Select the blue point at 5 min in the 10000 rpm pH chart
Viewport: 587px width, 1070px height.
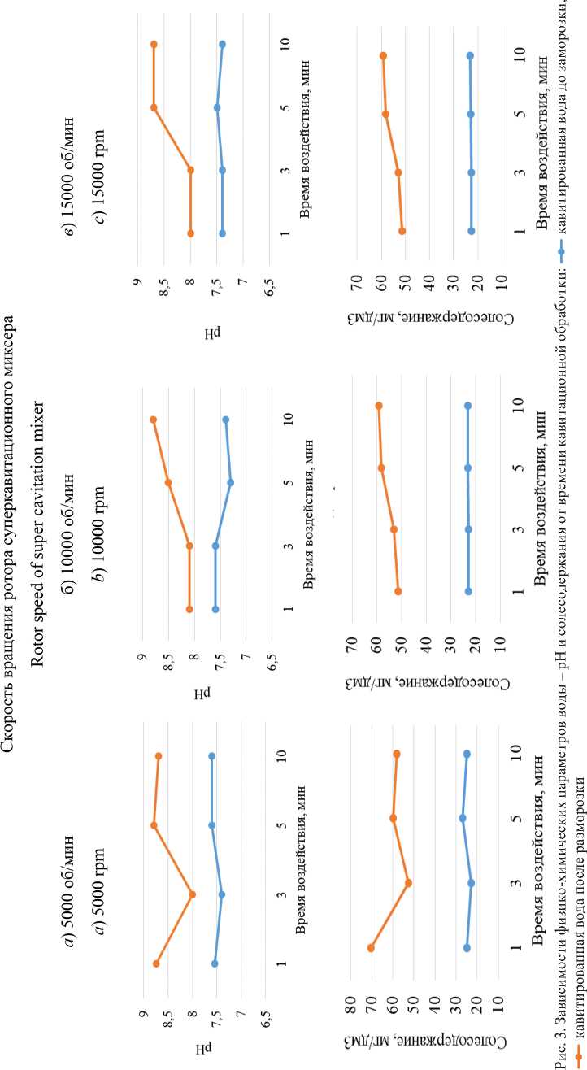pos(231,482)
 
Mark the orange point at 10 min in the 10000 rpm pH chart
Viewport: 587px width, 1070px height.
pos(153,420)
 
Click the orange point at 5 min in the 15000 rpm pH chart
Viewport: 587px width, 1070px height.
pos(154,107)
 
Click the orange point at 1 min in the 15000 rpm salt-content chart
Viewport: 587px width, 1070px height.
pos(402,232)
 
